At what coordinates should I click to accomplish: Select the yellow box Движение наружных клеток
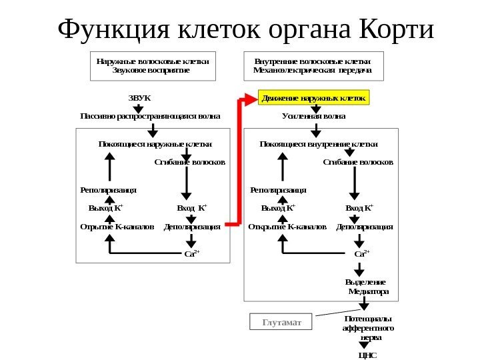pyautogui.click(x=314, y=99)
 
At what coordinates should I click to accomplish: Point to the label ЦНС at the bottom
pyautogui.click(x=367, y=355)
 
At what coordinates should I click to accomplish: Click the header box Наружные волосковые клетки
pyautogui.click(x=153, y=65)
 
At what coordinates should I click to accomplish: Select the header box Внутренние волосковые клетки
pyautogui.click(x=313, y=65)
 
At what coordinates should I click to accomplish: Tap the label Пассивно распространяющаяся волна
pyautogui.click(x=149, y=115)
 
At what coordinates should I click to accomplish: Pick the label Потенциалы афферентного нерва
pyautogui.click(x=367, y=328)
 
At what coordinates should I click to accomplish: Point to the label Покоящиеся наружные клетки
pyautogui.click(x=155, y=143)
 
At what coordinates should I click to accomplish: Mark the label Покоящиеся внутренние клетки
pyautogui.click(x=318, y=143)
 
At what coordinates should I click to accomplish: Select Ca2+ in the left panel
pyautogui.click(x=191, y=253)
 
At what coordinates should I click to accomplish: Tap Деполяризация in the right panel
pyautogui.click(x=365, y=227)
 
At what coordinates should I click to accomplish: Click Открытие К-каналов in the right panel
pyautogui.click(x=287, y=227)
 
